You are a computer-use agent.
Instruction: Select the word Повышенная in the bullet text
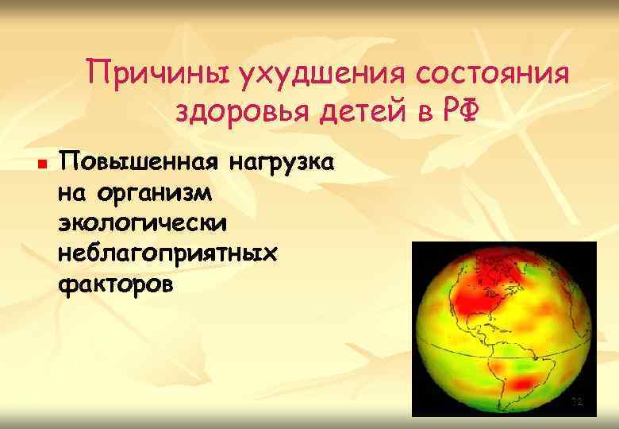[139, 164]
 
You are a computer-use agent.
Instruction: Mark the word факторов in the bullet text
[114, 283]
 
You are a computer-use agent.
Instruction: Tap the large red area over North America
[484, 298]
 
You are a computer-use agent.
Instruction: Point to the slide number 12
[578, 403]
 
